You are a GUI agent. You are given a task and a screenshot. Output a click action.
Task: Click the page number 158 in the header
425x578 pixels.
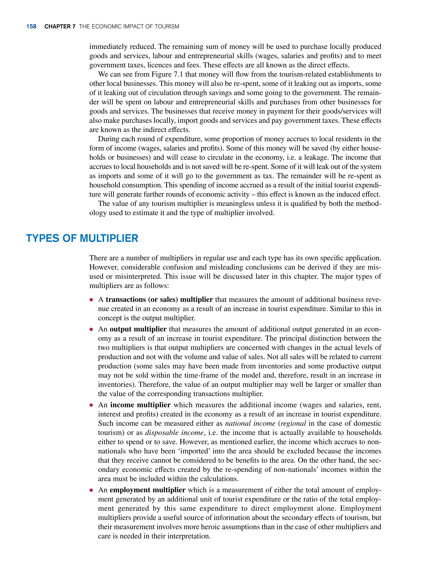[31, 27]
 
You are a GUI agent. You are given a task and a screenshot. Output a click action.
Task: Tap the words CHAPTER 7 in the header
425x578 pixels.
[60, 27]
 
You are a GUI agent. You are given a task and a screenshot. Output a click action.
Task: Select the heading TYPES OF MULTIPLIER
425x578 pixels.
[82, 238]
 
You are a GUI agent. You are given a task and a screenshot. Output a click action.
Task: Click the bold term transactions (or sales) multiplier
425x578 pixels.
[159, 299]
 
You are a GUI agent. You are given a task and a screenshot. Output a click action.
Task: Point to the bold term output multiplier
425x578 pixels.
[138, 329]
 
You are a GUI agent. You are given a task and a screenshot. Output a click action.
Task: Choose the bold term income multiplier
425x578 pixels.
[140, 405]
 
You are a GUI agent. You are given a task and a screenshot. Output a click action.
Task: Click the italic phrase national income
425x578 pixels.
[250, 423]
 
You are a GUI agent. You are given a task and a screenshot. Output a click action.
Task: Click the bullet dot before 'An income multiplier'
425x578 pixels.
[91, 405]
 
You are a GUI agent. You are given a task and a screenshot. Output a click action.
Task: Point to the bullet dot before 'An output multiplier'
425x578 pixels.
[91, 330]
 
